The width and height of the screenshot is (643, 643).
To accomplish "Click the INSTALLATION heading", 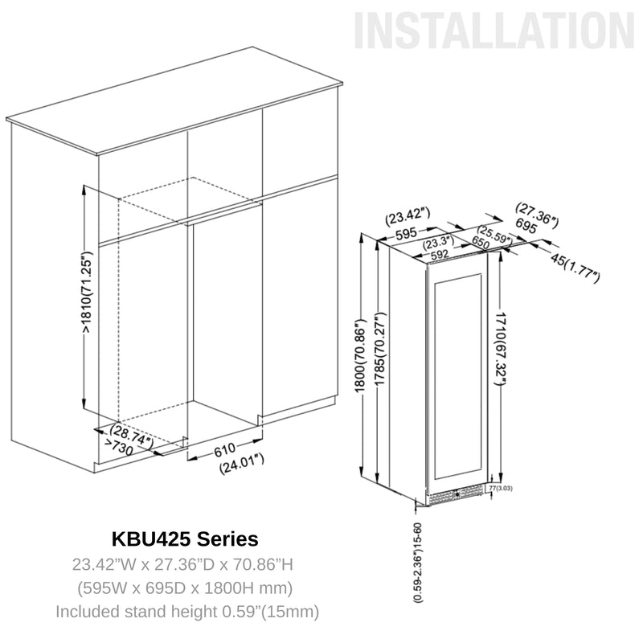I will (494, 31).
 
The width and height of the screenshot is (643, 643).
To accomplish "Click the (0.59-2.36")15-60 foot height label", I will (417, 562).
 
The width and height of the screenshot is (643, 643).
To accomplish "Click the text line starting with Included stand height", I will (187, 611).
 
